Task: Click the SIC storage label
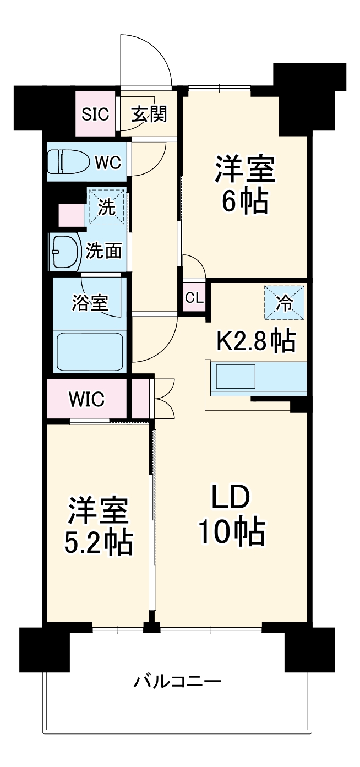click(96, 115)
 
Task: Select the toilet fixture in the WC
click(69, 162)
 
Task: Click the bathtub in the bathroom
click(89, 351)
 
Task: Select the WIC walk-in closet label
click(86, 399)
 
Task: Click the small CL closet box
click(194, 298)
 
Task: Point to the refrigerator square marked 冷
click(284, 302)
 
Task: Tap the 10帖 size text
click(232, 532)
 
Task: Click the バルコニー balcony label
click(178, 683)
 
